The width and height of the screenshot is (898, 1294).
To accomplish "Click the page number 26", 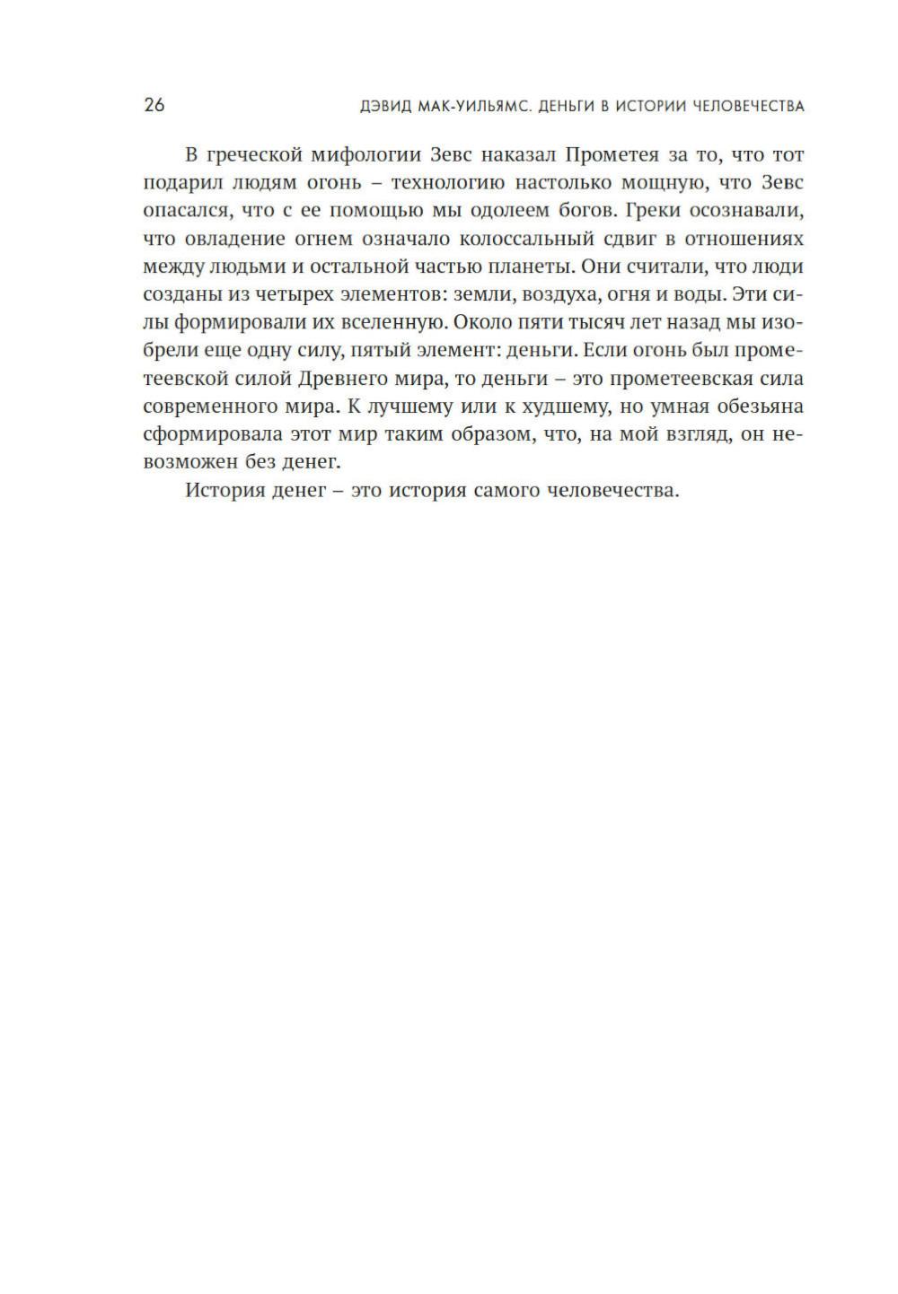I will click(x=154, y=105).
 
